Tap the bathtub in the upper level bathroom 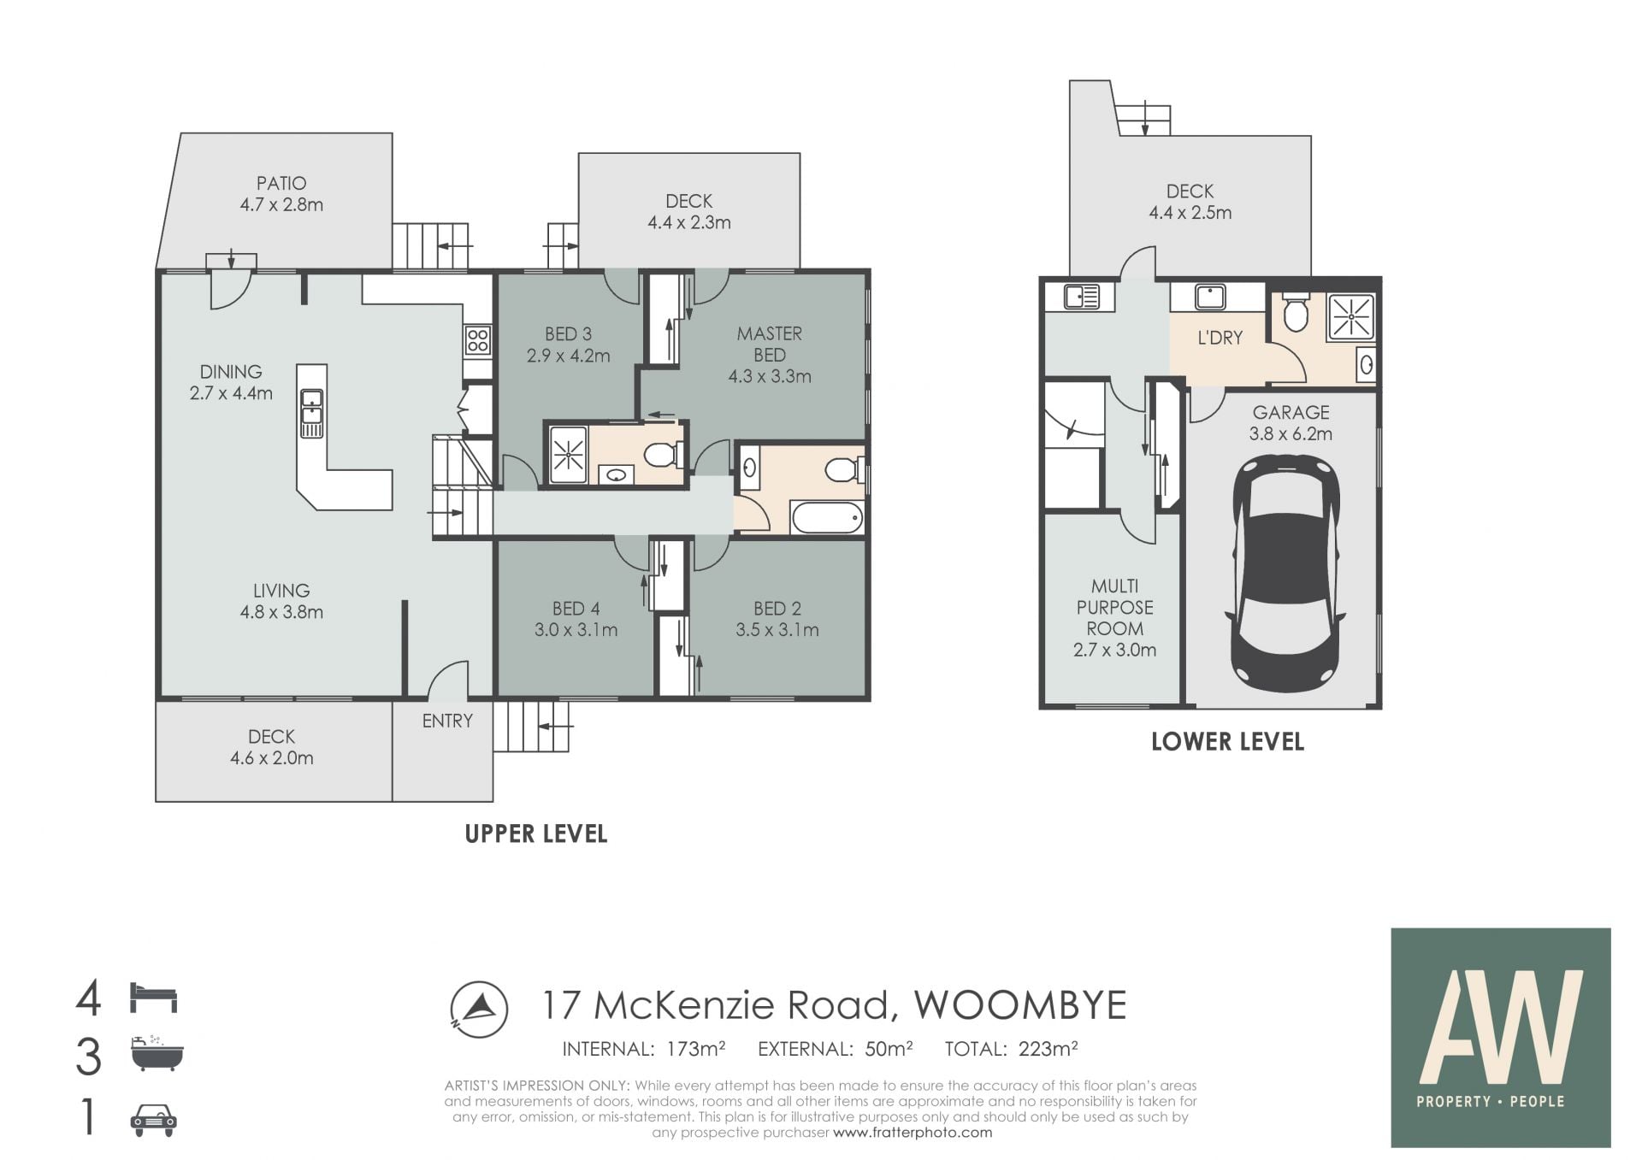828,517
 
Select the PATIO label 281,183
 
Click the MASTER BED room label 769,344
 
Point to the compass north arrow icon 479,1009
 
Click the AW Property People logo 1501,1038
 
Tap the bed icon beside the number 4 153,998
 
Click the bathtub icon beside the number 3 157,1053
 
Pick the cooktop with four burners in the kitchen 478,341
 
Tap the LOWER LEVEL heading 1227,741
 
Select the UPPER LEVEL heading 536,833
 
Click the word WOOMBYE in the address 1020,1005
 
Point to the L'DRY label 1220,338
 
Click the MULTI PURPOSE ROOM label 1114,607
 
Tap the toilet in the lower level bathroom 1296,312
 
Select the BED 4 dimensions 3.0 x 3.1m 576,630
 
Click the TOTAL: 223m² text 1011,1049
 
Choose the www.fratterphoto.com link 913,1133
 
